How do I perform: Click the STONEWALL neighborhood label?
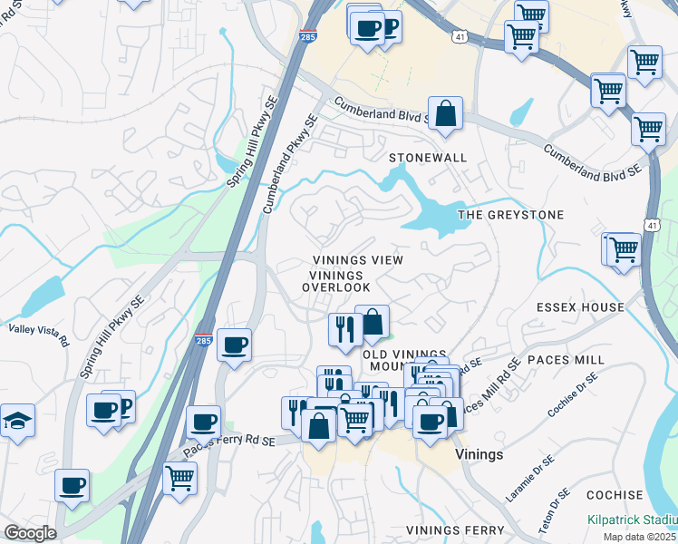[428, 158]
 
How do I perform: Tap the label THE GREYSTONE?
[511, 215]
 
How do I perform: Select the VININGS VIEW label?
[357, 260]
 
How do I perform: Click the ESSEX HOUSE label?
[580, 307]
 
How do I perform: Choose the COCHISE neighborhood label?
[615, 496]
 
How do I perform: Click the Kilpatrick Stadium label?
[632, 519]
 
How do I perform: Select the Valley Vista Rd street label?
[39, 335]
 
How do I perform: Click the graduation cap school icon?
[17, 421]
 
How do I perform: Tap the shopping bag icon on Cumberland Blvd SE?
[445, 114]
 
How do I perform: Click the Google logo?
[30, 533]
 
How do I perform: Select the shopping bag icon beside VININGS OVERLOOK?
[372, 321]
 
